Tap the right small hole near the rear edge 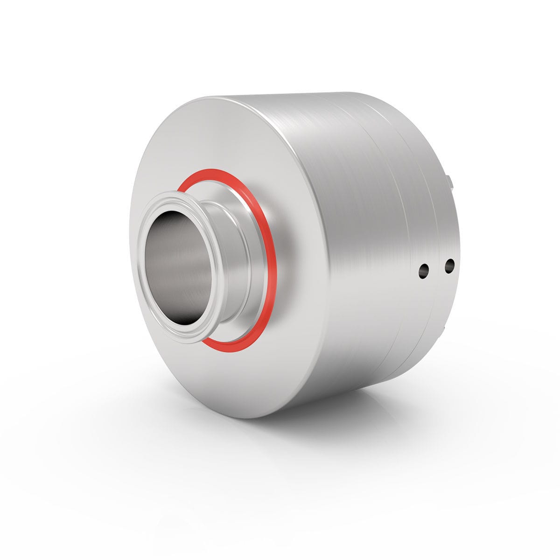pyautogui.click(x=449, y=266)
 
